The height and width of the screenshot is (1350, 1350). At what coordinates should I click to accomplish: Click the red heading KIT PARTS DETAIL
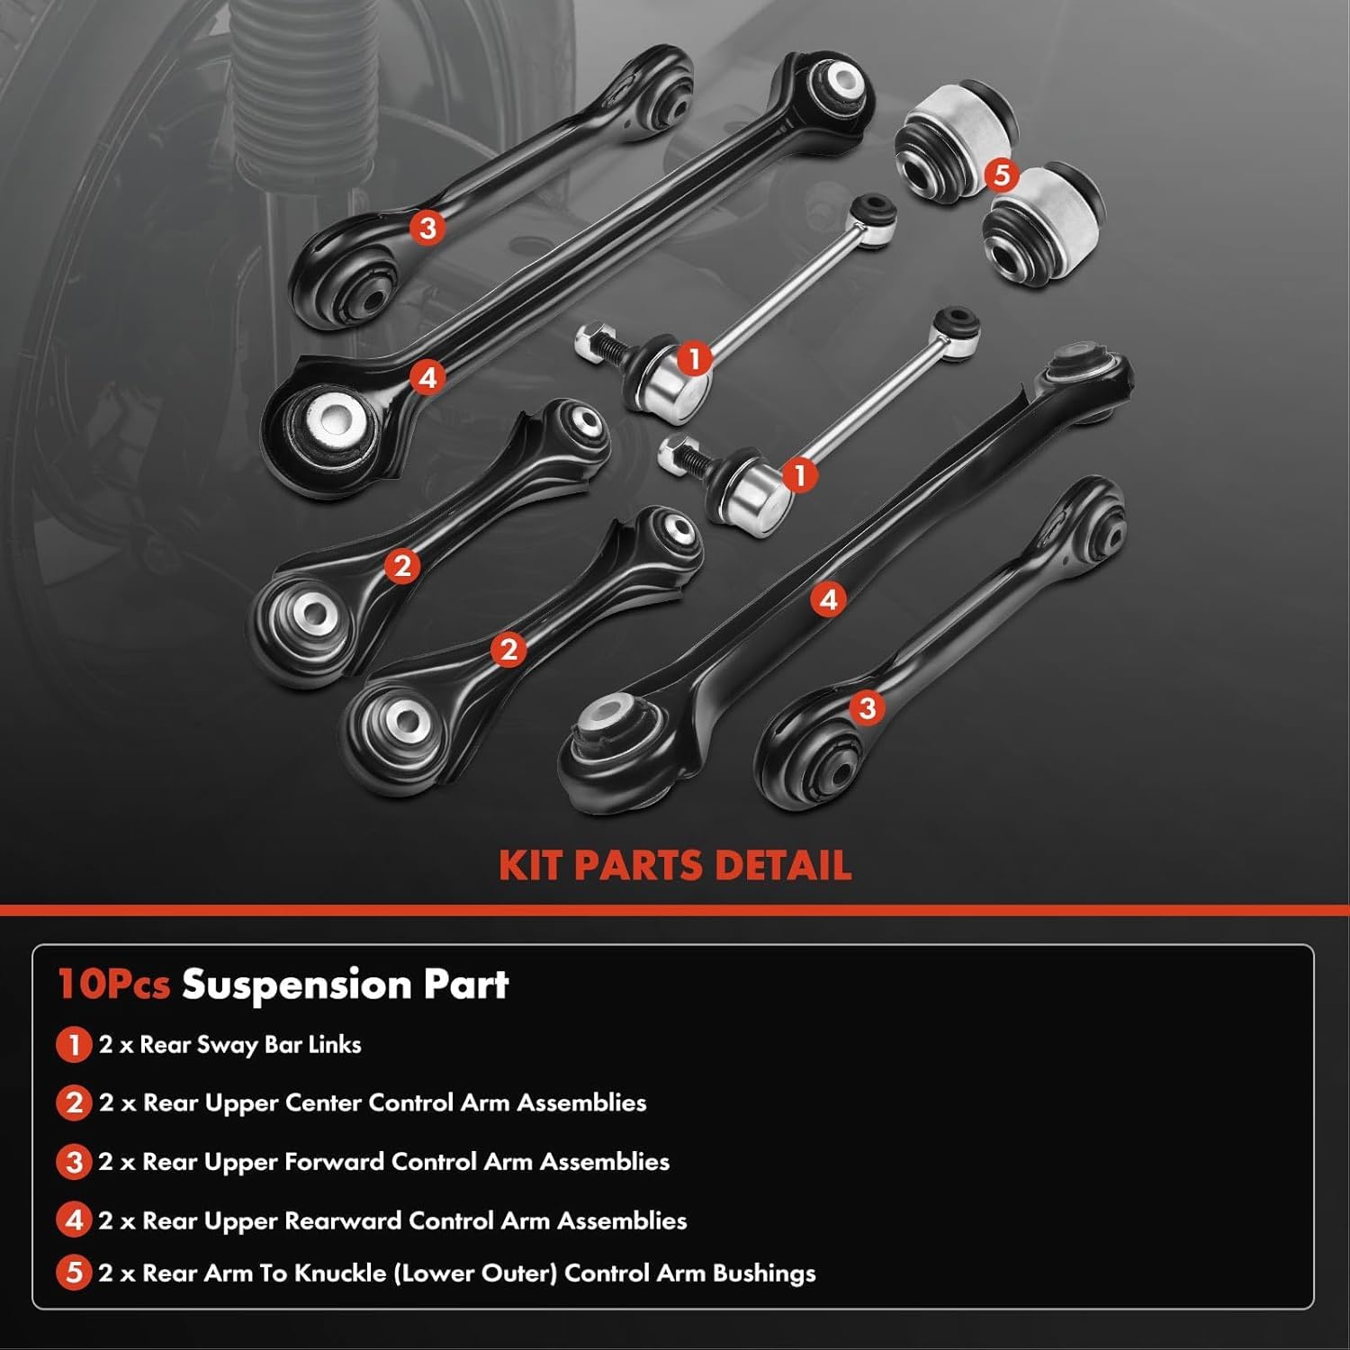point(675,866)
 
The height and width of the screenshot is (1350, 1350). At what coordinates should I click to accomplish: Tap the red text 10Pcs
point(113,984)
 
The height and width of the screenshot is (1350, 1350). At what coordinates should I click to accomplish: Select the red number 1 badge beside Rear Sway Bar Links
point(74,1045)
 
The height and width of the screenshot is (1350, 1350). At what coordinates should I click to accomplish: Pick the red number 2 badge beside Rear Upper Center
point(74,1103)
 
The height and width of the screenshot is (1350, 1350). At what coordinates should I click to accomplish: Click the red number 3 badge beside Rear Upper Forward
point(74,1162)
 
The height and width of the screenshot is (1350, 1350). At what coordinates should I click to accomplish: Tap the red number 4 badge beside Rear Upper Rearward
point(74,1220)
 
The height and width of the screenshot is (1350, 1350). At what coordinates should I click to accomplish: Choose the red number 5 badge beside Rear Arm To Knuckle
point(74,1273)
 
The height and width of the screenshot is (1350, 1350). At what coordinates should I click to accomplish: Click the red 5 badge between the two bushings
point(1002,175)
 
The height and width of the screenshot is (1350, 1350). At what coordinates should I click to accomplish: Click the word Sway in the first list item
point(220,1045)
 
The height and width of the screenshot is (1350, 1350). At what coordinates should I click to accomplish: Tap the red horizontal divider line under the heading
point(675,911)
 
